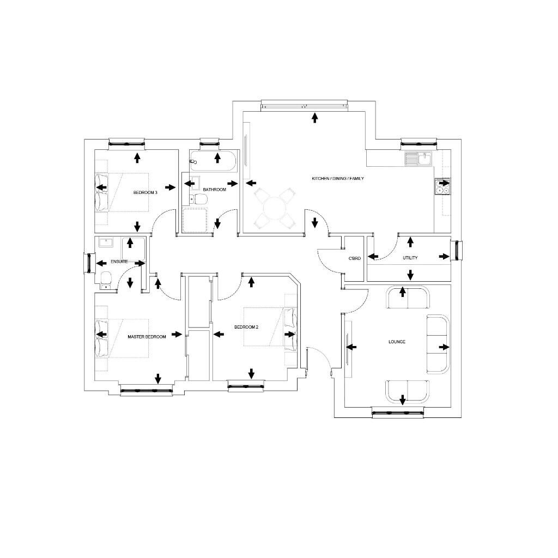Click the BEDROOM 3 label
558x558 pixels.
pos(145,192)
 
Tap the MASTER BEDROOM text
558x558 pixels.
pos(147,337)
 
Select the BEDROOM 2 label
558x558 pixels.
pos(246,327)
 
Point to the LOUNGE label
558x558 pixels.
pos(397,342)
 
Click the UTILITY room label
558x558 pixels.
pos(410,258)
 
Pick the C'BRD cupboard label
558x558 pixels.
pos(355,258)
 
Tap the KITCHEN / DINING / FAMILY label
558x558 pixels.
pos(337,179)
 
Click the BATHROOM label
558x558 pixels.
pos(214,190)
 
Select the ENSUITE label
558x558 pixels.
pos(119,262)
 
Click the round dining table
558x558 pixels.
pos(275,208)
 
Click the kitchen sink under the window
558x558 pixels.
pos(418,159)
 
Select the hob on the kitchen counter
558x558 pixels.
pos(442,186)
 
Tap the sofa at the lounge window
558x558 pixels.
pos(407,390)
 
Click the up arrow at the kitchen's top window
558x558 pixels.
pos(314,118)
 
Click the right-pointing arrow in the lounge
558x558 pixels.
pos(444,347)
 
